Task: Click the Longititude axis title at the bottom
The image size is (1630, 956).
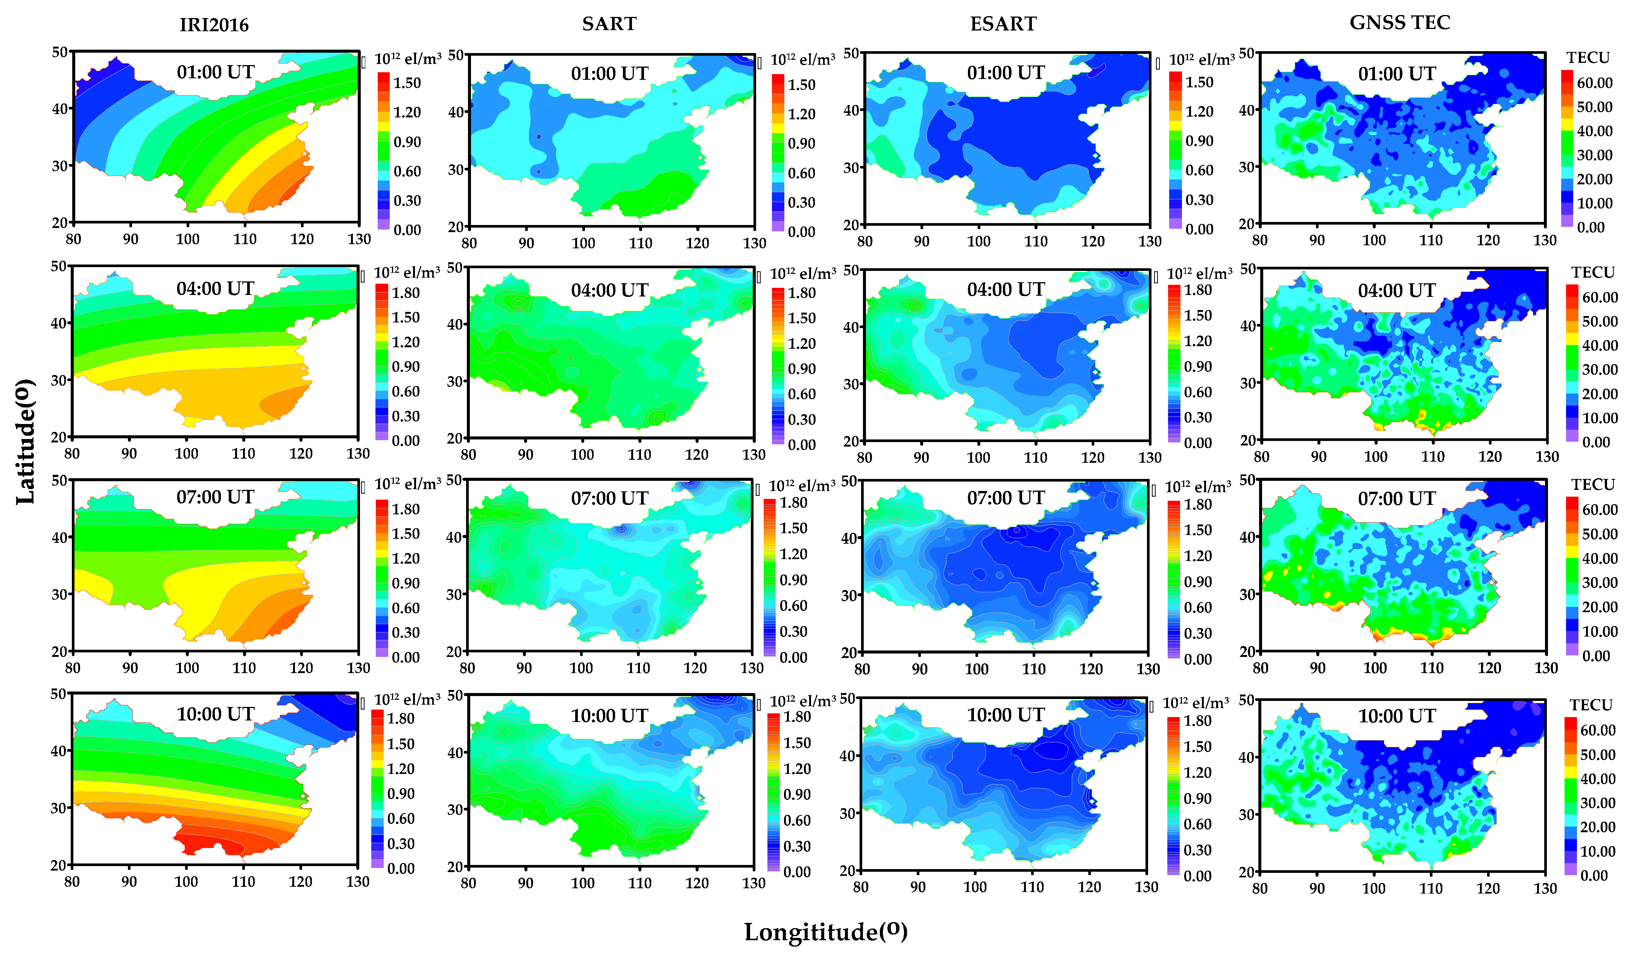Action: (825, 932)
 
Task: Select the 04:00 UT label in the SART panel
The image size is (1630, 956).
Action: (609, 290)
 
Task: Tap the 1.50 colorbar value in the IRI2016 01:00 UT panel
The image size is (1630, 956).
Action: (407, 83)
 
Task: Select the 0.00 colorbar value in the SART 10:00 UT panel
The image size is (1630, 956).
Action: (796, 872)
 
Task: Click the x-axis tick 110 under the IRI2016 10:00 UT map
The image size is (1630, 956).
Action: (243, 882)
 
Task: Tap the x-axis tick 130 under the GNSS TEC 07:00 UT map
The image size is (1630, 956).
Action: (1546, 668)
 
